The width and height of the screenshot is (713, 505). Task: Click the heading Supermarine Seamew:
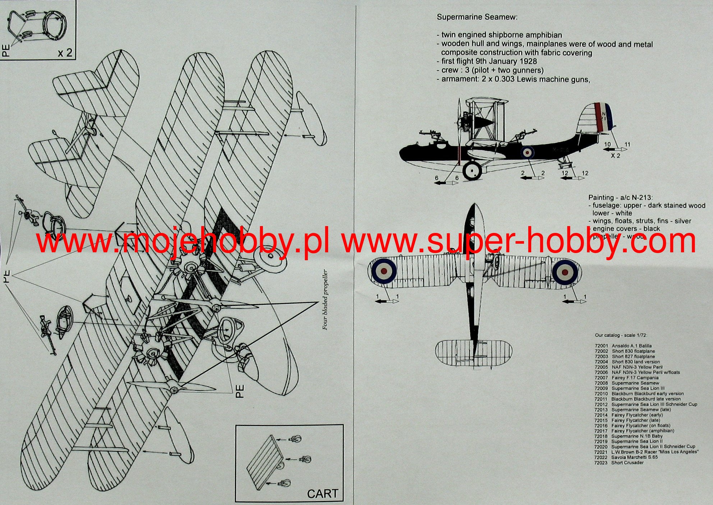point(477,17)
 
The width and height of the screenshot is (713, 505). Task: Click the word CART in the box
point(322,493)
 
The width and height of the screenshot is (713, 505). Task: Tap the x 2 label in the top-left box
point(65,53)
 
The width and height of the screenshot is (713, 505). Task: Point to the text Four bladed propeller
point(326,299)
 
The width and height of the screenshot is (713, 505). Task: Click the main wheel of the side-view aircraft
point(472,170)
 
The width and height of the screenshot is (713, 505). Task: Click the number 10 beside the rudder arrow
point(607,144)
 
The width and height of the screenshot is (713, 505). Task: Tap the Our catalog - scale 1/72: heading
point(621,335)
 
